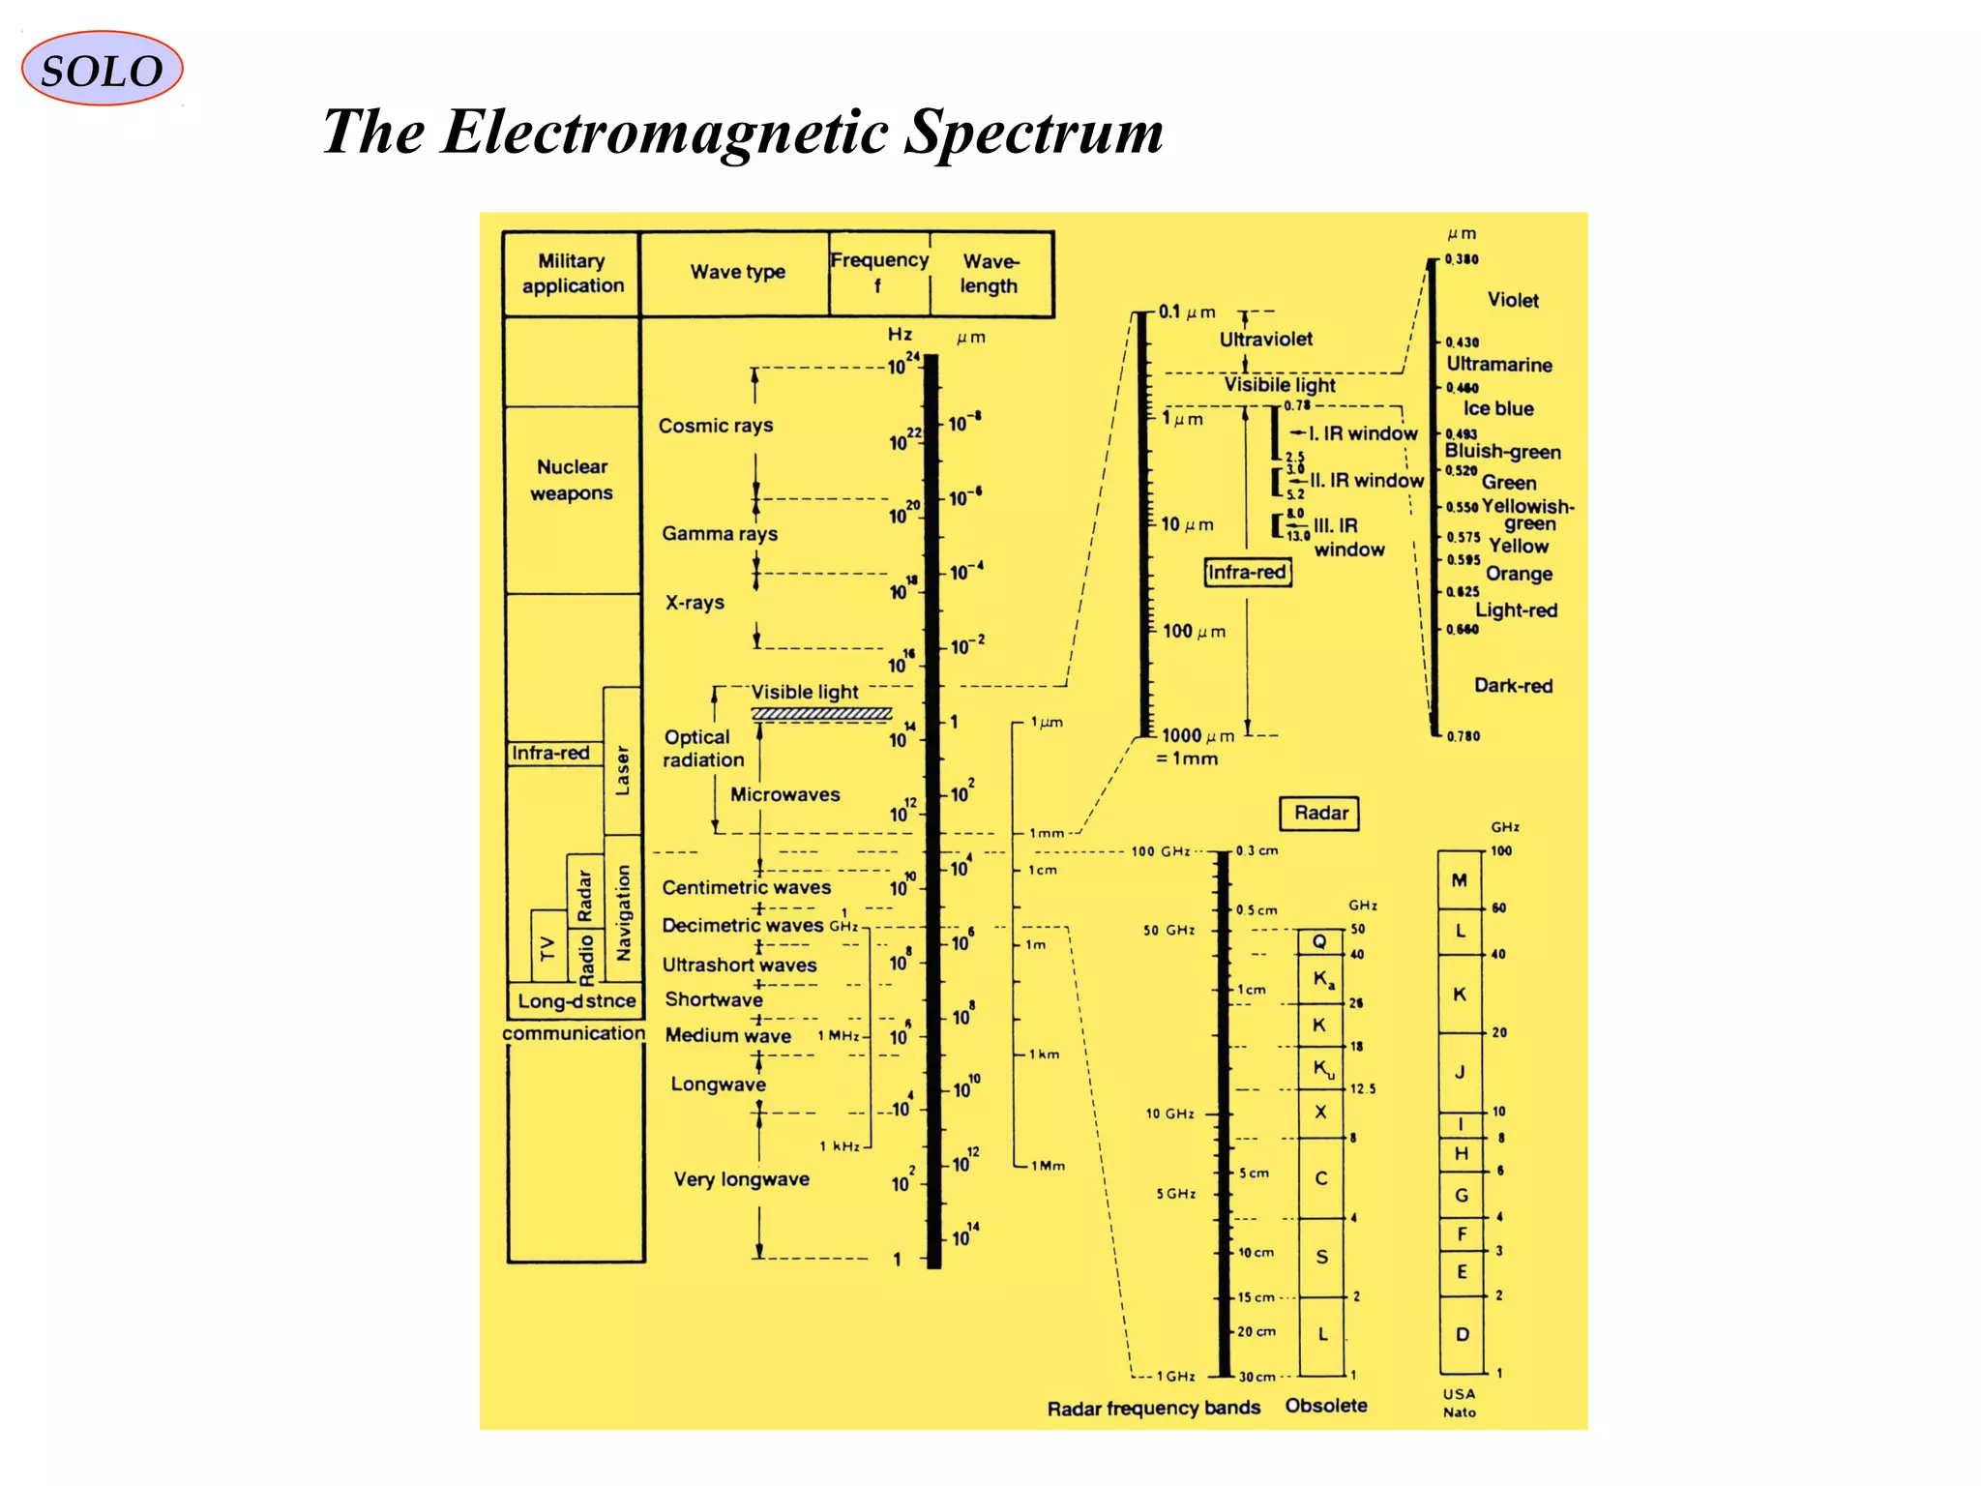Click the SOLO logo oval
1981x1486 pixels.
tap(102, 69)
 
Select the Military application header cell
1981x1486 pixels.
tap(572, 274)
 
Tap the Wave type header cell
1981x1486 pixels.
tap(737, 273)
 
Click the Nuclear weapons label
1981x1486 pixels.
tap(572, 480)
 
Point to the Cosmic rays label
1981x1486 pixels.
tap(716, 426)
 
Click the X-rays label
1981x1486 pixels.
tap(695, 603)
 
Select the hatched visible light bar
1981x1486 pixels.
tap(821, 714)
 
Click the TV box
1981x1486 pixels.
tap(548, 947)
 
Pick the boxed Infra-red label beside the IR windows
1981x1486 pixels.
tap(1247, 573)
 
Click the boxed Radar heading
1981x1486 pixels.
tap(1320, 814)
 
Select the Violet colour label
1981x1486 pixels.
tap(1513, 301)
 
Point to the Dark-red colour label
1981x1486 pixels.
tap(1513, 686)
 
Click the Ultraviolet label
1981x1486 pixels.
tap(1265, 340)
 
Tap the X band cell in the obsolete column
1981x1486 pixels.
tap(1320, 1114)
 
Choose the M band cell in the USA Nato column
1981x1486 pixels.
tap(1460, 880)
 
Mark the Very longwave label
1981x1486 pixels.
tap(741, 1179)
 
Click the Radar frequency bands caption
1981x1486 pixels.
tap(1153, 1409)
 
